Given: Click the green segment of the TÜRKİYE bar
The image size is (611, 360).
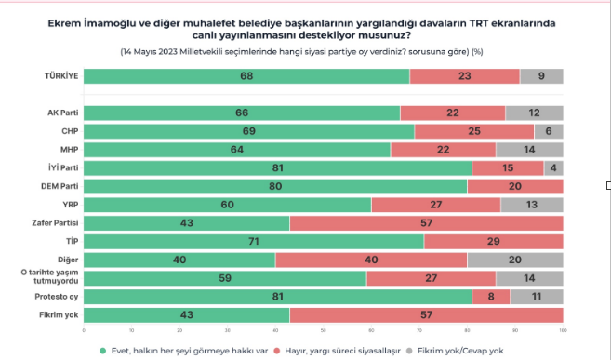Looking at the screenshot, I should click(246, 76).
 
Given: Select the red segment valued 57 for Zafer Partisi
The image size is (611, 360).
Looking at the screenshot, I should click(426, 223).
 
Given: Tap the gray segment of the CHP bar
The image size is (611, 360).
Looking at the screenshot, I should click(548, 131).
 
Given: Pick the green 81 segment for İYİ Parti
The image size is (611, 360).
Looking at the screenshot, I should click(277, 167).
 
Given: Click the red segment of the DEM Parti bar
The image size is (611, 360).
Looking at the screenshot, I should click(514, 186).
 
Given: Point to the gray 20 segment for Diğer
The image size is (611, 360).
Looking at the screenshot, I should click(514, 260).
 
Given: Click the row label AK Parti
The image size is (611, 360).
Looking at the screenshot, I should click(64, 113).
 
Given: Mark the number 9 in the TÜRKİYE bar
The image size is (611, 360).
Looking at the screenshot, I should click(541, 76).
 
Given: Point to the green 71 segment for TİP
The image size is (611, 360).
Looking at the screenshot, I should click(253, 241).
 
